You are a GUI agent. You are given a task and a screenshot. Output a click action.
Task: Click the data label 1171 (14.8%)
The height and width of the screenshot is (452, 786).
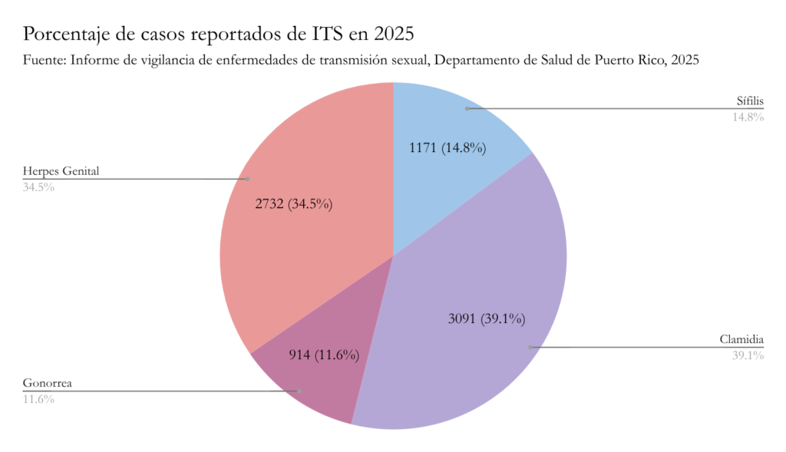(447, 147)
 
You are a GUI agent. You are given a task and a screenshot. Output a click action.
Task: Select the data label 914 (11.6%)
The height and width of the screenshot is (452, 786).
(324, 355)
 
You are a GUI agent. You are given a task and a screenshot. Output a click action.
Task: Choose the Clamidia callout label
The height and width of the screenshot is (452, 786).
(741, 339)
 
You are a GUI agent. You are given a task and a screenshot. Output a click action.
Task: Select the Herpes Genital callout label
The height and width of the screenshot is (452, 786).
(61, 170)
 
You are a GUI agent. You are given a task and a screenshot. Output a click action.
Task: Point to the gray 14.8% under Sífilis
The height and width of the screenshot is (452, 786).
(748, 117)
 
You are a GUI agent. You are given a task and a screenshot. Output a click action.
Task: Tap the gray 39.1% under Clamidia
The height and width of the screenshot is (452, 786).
(748, 355)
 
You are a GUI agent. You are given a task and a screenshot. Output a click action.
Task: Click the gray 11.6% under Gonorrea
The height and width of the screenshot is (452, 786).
(38, 399)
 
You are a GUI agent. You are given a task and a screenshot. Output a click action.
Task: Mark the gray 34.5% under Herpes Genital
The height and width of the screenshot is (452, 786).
(38, 186)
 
